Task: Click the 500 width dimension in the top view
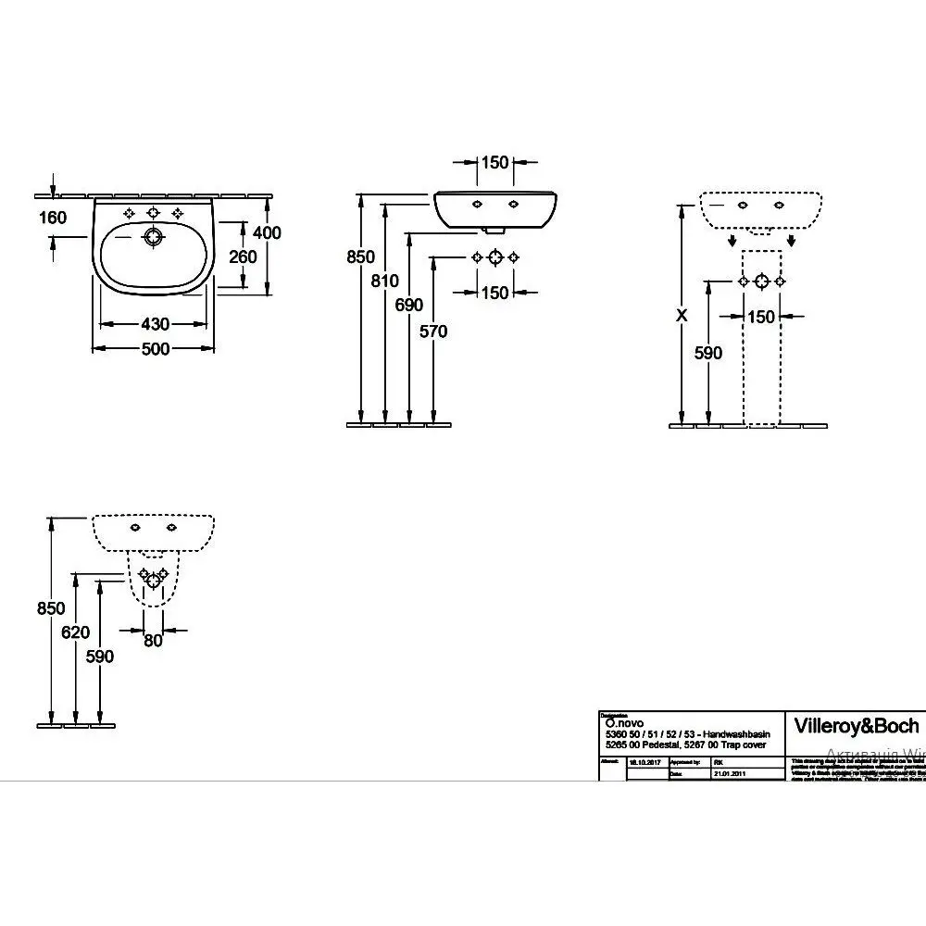point(156,349)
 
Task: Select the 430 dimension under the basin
point(156,325)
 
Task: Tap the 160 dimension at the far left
point(54,218)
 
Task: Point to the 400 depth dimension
point(267,233)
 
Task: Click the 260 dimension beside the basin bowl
point(243,257)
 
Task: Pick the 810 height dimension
point(384,282)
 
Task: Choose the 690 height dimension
point(408,305)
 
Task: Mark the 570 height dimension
point(432,331)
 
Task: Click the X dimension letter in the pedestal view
point(682,315)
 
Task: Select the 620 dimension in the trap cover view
point(76,632)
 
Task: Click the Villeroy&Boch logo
point(857,726)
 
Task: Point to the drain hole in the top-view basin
point(153,237)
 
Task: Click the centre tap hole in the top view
point(153,213)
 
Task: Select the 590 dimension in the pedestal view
point(708,352)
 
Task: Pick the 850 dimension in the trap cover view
point(51,608)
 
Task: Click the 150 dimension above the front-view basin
point(495,163)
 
